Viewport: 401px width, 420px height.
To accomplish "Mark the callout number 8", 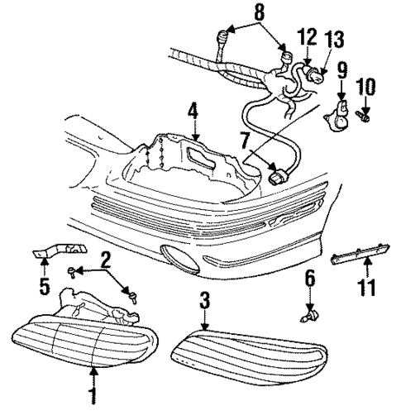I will tap(260, 12).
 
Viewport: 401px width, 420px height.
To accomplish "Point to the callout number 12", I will tap(305, 36).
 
